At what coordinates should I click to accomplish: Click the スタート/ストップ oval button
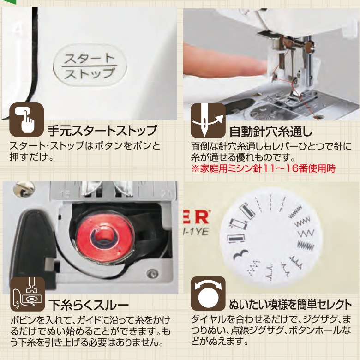[90, 66]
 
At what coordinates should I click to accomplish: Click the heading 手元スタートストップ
[102, 131]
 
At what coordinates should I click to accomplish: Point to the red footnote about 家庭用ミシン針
[263, 169]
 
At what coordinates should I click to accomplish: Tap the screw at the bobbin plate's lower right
[150, 275]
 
